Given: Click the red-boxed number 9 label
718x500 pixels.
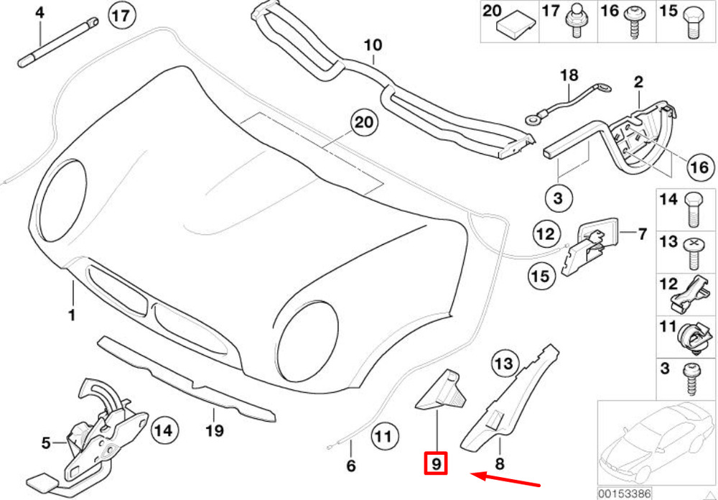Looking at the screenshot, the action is (436, 464).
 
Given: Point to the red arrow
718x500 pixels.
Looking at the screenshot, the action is (506, 479).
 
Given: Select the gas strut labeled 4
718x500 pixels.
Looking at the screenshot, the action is (58, 42).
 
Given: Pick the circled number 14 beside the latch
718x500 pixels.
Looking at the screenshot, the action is (164, 431).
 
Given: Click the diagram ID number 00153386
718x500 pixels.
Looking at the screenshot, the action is (623, 494).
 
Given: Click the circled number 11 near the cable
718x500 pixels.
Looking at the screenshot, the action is (383, 436).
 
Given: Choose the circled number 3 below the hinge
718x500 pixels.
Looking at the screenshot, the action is (557, 199).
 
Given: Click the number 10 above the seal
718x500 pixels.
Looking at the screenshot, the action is (373, 45).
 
